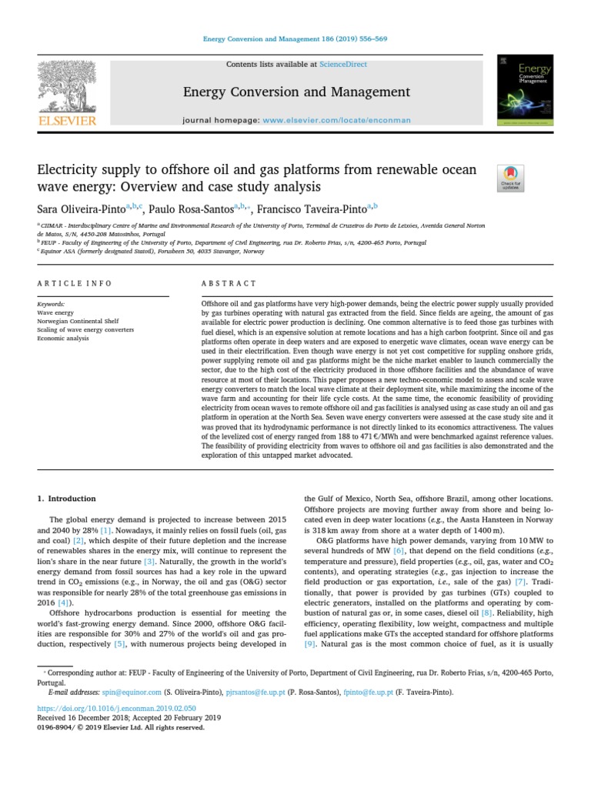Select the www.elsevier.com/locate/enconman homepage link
click(337, 121)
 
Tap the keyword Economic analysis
click(63, 338)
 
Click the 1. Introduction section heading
click(68, 499)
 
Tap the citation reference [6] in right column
click(398, 551)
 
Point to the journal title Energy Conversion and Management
click(295, 92)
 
